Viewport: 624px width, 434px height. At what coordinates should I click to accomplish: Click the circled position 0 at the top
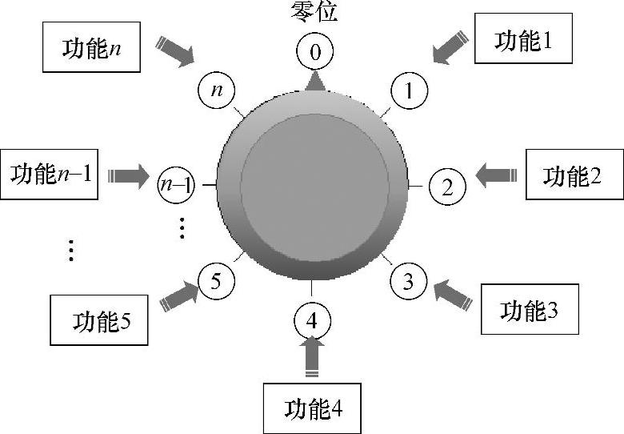tap(314, 54)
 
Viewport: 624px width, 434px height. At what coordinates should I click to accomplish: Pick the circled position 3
tap(408, 281)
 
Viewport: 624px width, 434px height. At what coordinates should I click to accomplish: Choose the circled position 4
tap(313, 322)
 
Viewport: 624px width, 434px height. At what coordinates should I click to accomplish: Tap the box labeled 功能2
tap(574, 175)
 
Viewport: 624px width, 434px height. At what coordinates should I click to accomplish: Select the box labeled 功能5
tap(100, 320)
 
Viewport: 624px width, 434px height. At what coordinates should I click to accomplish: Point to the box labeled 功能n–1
tap(50, 173)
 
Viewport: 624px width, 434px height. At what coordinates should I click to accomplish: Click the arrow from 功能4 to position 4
tap(313, 356)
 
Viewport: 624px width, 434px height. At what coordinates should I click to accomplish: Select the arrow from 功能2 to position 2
tap(496, 173)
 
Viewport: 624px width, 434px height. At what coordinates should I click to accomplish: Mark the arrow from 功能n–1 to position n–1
tap(128, 174)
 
